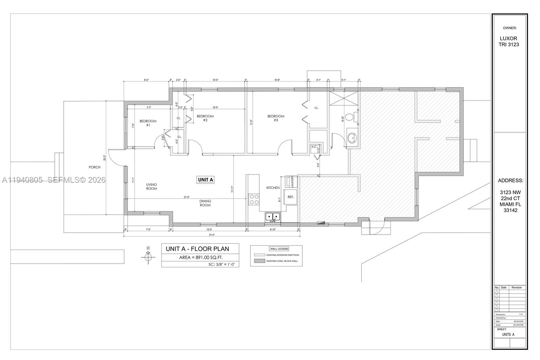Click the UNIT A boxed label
205,180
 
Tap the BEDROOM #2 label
205,118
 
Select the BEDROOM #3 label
276,118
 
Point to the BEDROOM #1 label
148,123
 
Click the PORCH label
94,167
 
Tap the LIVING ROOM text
152,186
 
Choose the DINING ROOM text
205,203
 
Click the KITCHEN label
273,188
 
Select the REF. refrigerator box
291,197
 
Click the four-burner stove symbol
254,199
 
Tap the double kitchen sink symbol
273,216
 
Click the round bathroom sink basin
352,138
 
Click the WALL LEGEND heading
279,249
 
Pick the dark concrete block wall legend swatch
259,261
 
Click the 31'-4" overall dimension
212,235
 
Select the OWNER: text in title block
509,28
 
